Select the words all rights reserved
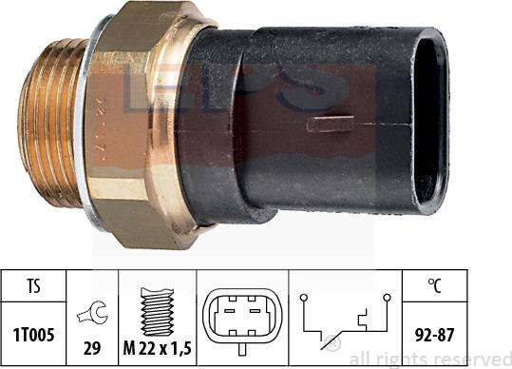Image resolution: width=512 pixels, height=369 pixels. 427,359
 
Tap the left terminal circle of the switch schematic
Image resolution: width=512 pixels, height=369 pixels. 303,298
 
